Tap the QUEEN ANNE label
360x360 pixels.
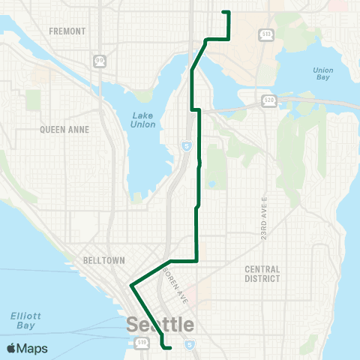click(64, 129)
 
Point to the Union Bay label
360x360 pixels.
click(322, 75)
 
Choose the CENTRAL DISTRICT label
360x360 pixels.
click(262, 274)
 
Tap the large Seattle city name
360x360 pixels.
click(160, 325)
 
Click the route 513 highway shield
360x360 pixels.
click(265, 34)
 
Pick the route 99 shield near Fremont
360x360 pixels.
click(100, 59)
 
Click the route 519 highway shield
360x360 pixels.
click(142, 343)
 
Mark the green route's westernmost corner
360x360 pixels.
click(131, 286)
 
